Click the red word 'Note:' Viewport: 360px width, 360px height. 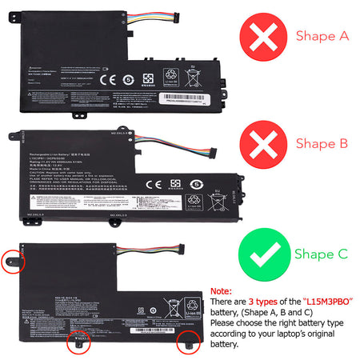[x=220, y=292]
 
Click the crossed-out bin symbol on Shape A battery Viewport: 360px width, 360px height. [x=193, y=78]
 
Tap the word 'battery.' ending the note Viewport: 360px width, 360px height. [x=225, y=345]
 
